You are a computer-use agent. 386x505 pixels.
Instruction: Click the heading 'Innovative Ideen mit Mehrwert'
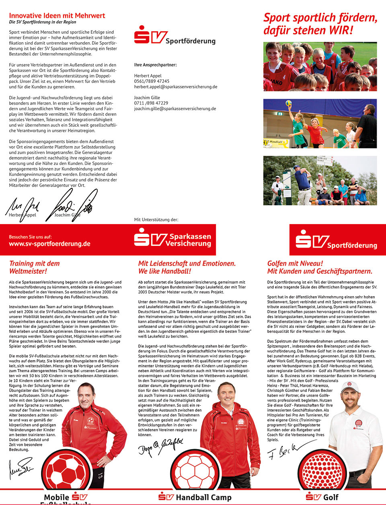(57, 16)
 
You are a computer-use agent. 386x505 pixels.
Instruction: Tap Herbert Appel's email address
(176, 87)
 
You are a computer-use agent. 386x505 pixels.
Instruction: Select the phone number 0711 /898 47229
(151, 103)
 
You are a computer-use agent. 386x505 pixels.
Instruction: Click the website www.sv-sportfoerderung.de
(49, 244)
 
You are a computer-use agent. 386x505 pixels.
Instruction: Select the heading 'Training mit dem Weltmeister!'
(34, 267)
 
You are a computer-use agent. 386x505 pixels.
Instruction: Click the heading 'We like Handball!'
(164, 271)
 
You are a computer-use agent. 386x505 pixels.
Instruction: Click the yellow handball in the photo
(288, 103)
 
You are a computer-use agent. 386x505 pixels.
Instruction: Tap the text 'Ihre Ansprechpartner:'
(155, 65)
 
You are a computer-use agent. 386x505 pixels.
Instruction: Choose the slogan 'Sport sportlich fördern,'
(320, 18)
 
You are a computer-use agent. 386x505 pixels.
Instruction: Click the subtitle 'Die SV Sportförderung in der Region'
(42, 22)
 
